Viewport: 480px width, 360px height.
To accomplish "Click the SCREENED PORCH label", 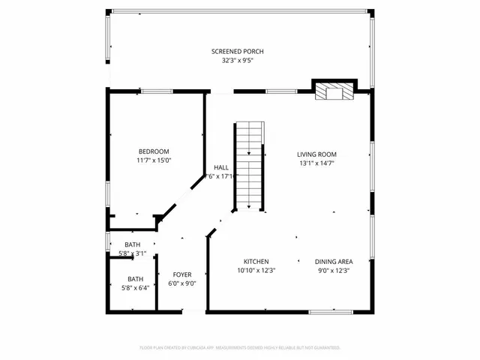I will [237, 52].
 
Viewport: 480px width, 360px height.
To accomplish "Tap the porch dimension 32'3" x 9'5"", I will [237, 61].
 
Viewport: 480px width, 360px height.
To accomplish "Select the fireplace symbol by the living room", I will [333, 91].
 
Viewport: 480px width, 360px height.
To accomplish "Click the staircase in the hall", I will [250, 166].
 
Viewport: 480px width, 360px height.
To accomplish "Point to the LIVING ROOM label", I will [316, 154].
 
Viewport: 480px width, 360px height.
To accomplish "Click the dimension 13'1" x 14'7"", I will [316, 163].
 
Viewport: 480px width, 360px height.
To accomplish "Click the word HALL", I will [221, 167].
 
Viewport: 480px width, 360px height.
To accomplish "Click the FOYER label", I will [183, 274].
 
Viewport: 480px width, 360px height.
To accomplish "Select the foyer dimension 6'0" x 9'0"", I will [183, 283].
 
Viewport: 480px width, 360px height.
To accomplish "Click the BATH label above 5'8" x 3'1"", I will [132, 245].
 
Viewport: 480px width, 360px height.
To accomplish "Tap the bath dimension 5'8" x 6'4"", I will [136, 287].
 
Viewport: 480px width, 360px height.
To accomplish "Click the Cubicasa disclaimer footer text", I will [240, 348].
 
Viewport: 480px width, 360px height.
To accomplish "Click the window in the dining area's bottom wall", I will [331, 311].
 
